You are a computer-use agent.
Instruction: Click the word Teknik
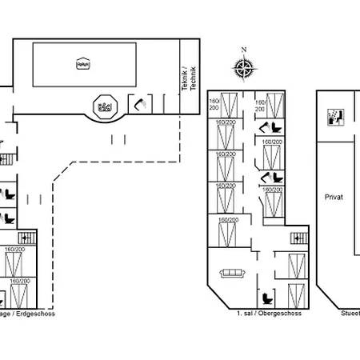pos(184,81)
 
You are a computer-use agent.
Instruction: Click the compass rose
pos(246,70)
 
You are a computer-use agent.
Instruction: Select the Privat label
pos(334,197)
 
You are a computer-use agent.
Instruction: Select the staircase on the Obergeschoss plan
pos(299,238)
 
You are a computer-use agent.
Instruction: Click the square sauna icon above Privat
pos(336,117)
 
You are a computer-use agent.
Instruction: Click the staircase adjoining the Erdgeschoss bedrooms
pos(26,238)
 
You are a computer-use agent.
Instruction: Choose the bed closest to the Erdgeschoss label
pos(19,295)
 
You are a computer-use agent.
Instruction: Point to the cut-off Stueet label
pos(350,315)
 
